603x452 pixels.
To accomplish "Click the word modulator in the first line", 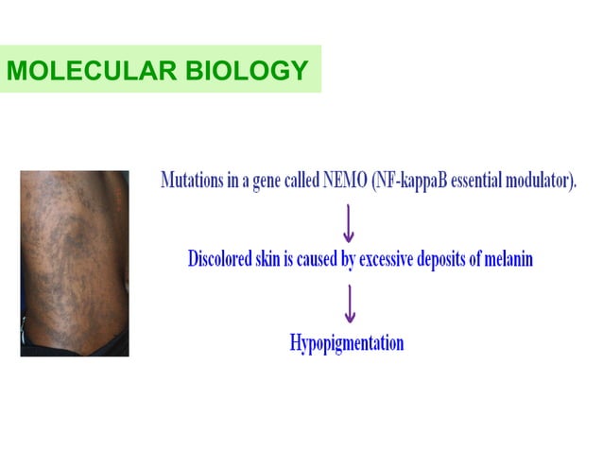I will pos(538,180).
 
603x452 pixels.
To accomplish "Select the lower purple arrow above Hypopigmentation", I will pos(349,302).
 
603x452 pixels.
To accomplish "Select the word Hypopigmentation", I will pos(347,341).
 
